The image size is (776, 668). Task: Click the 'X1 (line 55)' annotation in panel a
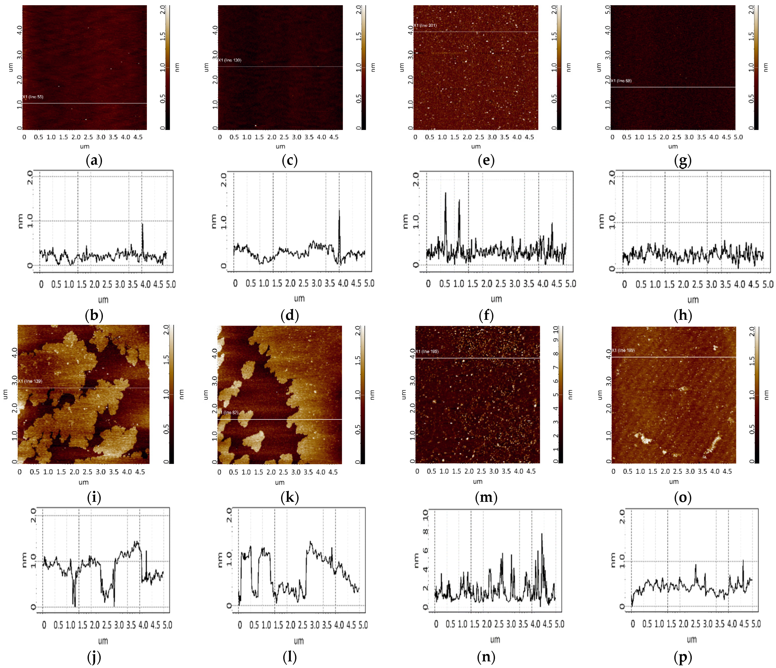pyautogui.click(x=33, y=97)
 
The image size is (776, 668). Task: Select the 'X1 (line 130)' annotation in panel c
pyautogui.click(x=230, y=60)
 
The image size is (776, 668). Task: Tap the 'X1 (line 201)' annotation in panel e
pyautogui.click(x=425, y=25)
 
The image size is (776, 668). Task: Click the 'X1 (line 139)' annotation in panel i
pyautogui.click(x=30, y=381)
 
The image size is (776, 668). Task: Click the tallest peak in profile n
pyautogui.click(x=542, y=534)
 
